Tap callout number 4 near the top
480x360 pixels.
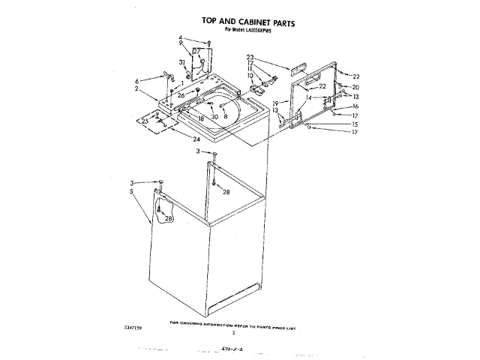181,37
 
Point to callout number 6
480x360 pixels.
137,80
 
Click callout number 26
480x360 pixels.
181,95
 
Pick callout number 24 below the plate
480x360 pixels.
196,139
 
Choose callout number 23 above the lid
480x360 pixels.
250,57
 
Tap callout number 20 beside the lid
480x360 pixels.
355,87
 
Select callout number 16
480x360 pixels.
355,106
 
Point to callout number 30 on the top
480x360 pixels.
214,117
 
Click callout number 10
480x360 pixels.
250,76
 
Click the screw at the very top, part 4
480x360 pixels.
209,42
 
